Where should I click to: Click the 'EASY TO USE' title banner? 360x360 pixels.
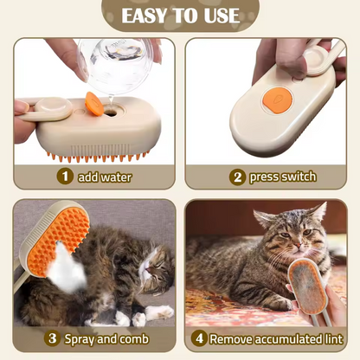click(x=179, y=16)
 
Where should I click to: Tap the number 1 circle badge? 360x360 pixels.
click(x=64, y=177)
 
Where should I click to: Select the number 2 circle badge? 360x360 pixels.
click(x=236, y=177)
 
